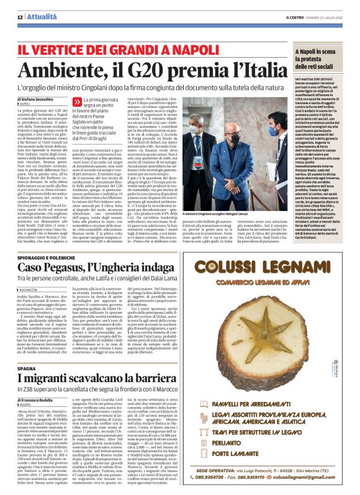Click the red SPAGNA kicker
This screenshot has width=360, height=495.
click(29, 350)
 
